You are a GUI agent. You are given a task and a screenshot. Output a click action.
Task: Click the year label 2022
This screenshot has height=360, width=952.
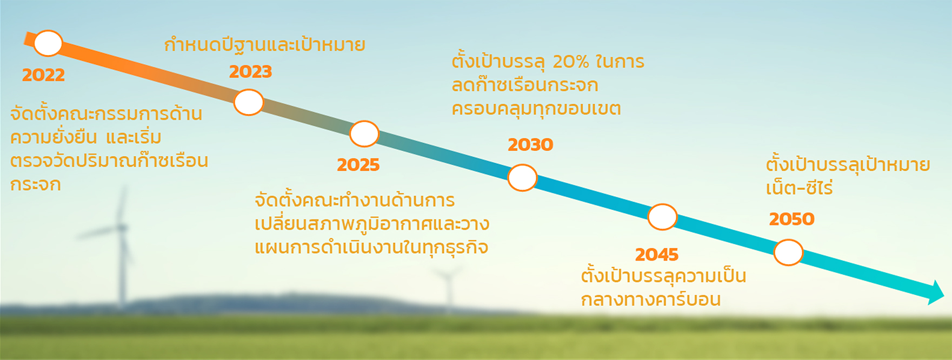43,75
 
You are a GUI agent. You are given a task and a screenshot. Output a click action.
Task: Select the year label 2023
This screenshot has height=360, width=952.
250,71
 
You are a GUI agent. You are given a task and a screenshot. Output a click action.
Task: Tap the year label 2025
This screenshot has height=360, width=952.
358,164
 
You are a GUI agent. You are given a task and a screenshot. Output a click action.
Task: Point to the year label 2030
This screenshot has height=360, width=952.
530,144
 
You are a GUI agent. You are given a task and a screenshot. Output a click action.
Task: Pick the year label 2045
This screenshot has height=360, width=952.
656,254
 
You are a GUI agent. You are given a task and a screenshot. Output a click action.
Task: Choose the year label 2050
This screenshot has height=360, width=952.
791,218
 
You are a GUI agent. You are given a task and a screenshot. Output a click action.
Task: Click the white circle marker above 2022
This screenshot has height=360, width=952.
48,43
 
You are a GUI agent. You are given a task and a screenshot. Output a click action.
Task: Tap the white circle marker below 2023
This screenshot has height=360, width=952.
249,102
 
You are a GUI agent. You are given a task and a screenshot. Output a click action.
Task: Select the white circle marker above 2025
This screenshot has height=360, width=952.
364,134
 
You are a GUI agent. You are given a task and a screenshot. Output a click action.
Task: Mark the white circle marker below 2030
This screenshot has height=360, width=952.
522,178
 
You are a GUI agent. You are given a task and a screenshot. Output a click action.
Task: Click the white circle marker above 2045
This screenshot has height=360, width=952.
662,217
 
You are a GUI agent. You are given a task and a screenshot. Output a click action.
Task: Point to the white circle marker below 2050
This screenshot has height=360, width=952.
788,252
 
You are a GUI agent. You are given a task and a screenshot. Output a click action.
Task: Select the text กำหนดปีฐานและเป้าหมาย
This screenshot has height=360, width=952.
264,44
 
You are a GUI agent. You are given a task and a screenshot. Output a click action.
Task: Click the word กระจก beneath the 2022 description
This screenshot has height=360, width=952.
36,184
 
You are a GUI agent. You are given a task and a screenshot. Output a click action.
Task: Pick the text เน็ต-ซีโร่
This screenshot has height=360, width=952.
799,187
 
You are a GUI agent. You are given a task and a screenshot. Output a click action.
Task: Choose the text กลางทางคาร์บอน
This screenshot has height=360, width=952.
651,298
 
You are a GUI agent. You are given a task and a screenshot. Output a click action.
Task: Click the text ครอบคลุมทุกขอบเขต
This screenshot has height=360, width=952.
536,108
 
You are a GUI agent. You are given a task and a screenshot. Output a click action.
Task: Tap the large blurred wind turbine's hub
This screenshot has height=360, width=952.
122,228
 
